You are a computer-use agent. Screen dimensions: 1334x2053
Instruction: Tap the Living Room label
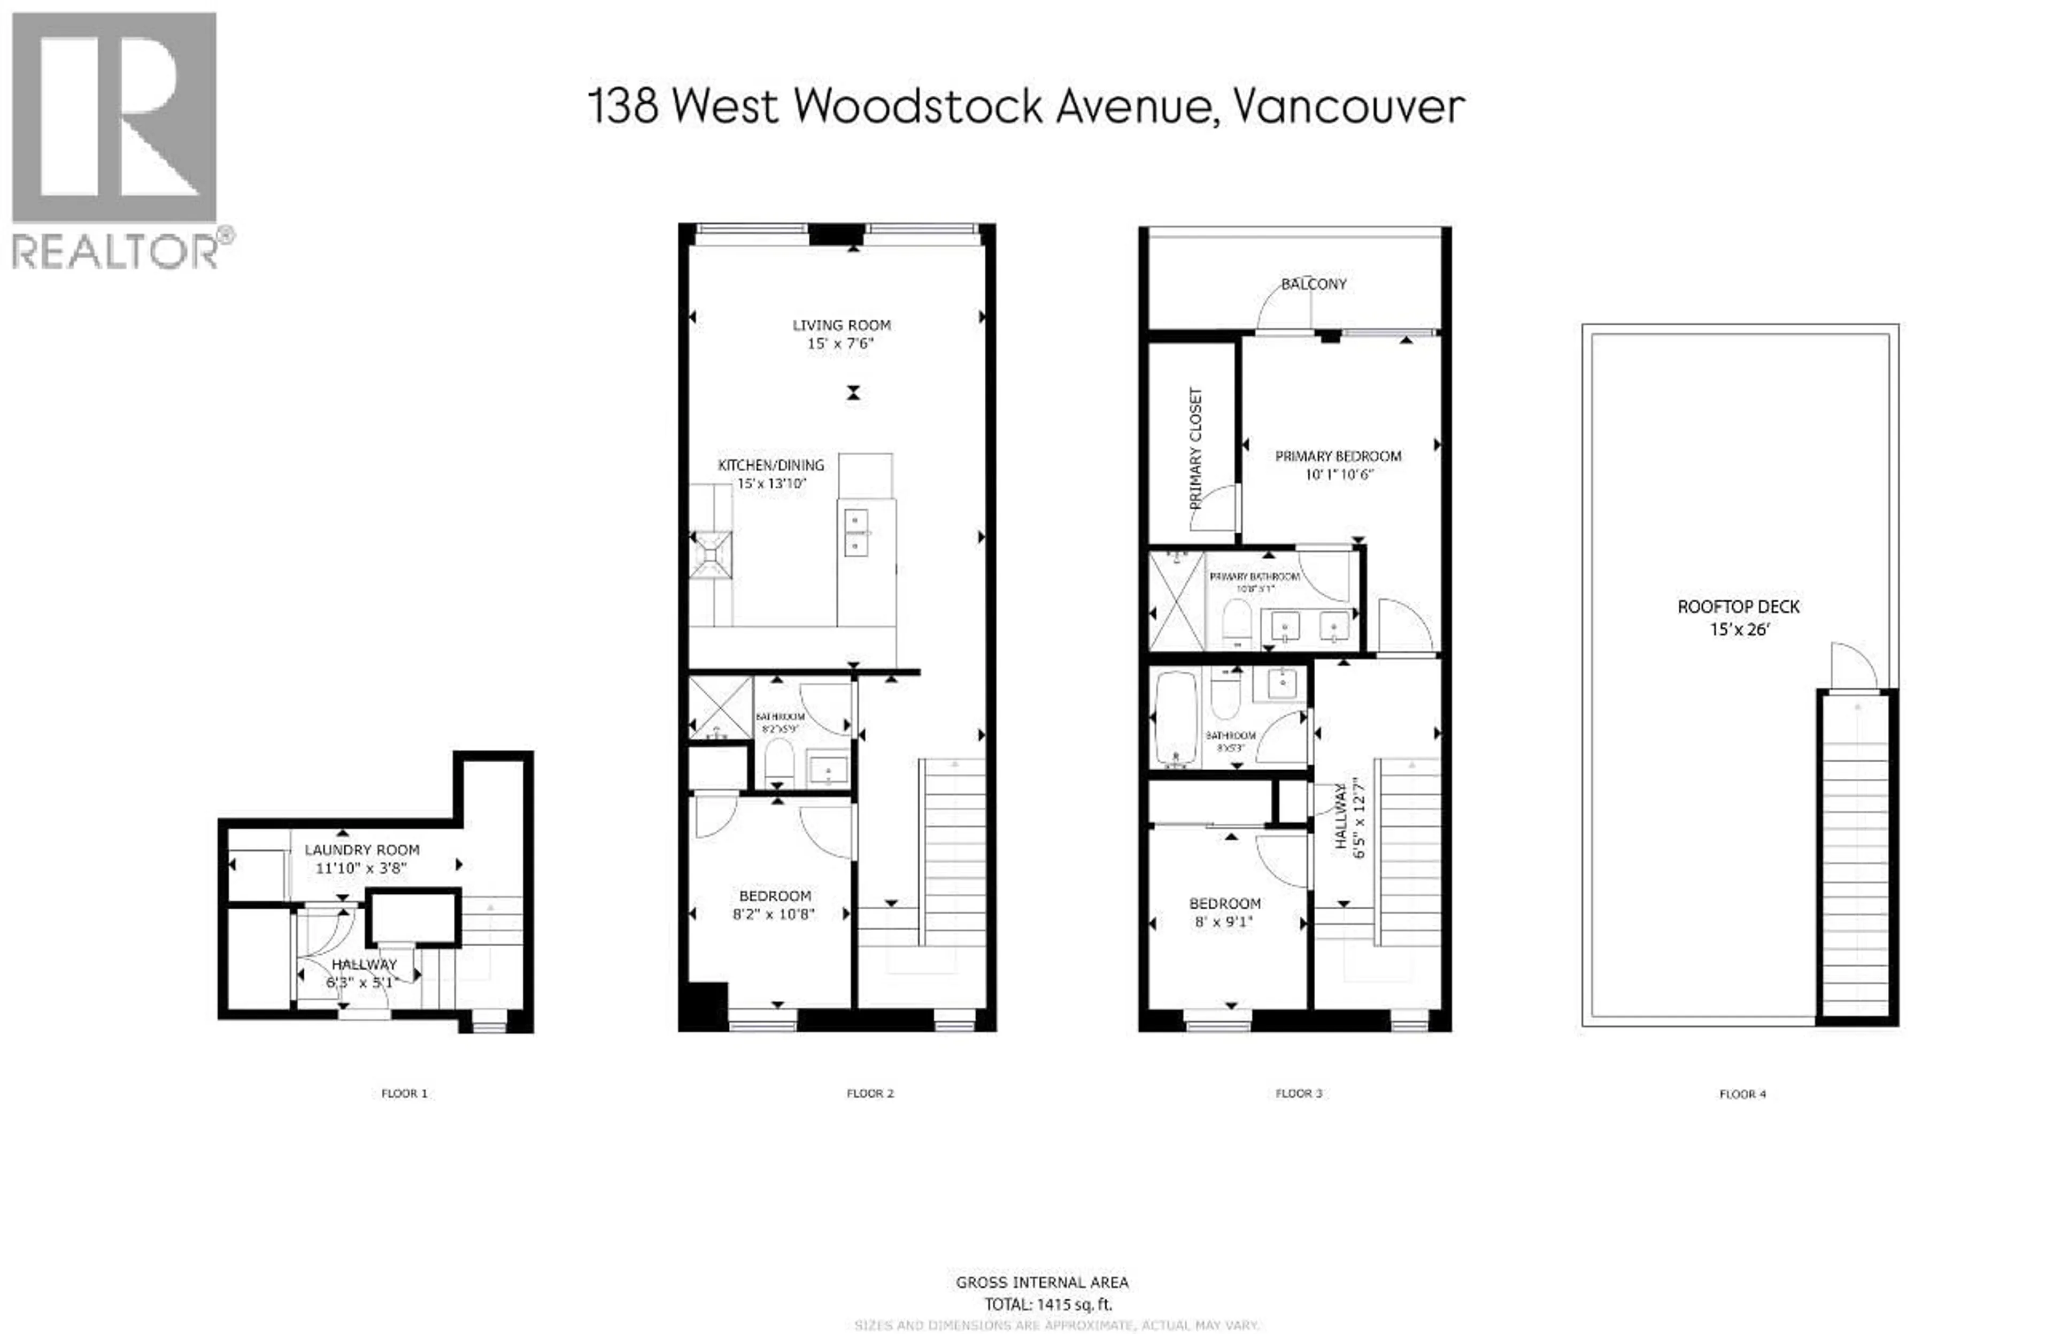(841, 325)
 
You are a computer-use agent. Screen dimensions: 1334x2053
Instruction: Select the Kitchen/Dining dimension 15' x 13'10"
(771, 484)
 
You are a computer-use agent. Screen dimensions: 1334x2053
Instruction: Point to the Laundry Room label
(361, 850)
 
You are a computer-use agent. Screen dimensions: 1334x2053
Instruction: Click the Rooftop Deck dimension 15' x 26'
(1739, 630)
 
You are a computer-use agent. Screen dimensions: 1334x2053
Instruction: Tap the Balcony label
(1313, 284)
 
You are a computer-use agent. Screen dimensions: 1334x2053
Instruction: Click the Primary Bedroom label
(1338, 456)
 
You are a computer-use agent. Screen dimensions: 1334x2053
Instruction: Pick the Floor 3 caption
(1298, 1093)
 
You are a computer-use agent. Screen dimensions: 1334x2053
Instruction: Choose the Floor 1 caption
(404, 1093)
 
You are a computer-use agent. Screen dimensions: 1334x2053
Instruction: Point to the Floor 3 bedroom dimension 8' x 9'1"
(1224, 922)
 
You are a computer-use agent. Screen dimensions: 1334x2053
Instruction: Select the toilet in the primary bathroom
(1237, 622)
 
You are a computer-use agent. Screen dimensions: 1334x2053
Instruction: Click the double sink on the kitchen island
(856, 532)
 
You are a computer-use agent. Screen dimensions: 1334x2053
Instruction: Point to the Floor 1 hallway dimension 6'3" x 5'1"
(360, 983)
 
